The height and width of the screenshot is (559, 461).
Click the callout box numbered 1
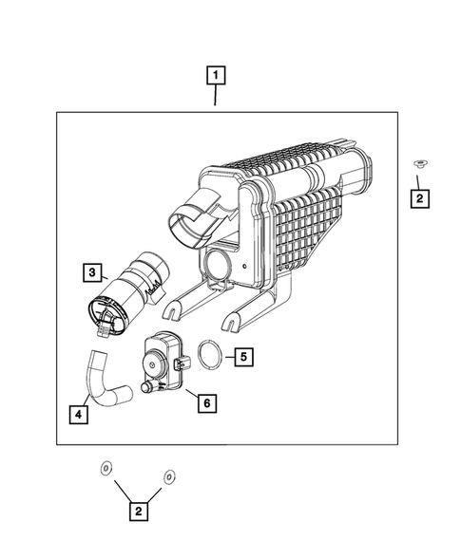point(217,74)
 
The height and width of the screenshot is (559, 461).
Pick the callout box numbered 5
point(243,357)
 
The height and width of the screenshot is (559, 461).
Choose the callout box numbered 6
point(204,402)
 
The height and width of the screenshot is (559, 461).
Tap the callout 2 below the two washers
point(138,512)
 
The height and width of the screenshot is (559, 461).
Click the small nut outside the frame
point(418,165)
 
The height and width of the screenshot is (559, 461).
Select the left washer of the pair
point(106,467)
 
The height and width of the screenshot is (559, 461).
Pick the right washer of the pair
point(170,475)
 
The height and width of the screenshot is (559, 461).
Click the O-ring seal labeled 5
point(211,358)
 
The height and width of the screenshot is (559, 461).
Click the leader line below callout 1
point(217,98)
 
